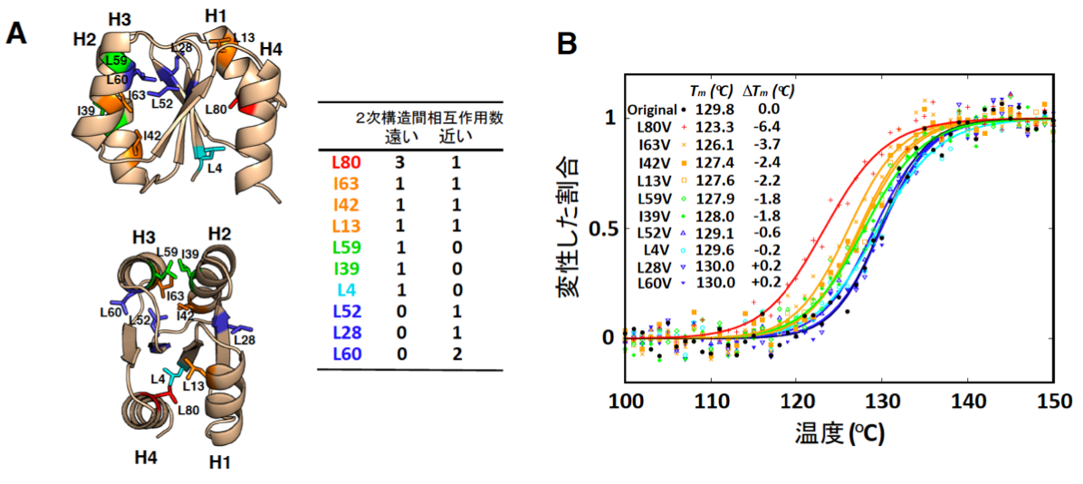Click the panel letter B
click(567, 43)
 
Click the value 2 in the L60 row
click(455, 353)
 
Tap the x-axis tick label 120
click(796, 401)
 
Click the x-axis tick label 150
click(1053, 401)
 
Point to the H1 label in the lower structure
click(220, 462)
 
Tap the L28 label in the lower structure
click(243, 339)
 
